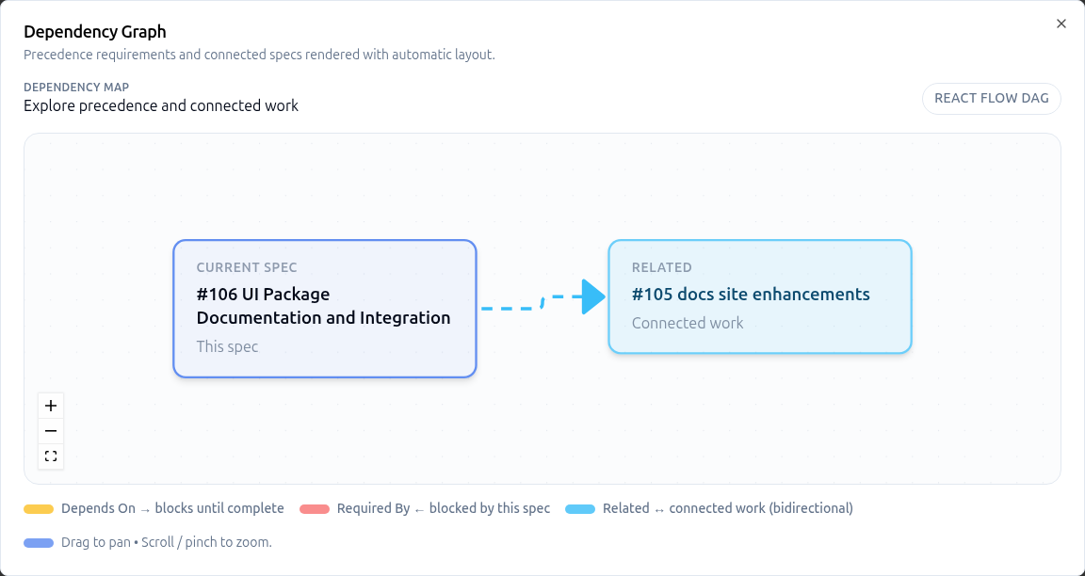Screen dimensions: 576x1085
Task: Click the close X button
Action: (x=1061, y=24)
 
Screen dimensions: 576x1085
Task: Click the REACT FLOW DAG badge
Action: (x=991, y=99)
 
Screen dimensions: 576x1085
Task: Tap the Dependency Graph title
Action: (x=95, y=32)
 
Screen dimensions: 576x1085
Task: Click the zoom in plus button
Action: (x=51, y=406)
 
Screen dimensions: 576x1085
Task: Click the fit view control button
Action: (x=51, y=456)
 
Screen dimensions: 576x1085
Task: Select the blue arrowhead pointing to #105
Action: (x=592, y=296)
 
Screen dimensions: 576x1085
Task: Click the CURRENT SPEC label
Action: (x=247, y=267)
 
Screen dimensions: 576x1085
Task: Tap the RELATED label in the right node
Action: (x=661, y=267)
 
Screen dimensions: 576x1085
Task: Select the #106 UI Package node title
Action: (x=323, y=306)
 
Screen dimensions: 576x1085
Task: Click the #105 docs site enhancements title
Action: (x=751, y=295)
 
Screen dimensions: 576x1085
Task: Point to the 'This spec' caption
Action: (x=227, y=346)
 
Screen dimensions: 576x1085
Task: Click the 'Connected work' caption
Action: (x=688, y=323)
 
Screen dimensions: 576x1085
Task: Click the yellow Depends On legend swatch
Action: (x=39, y=509)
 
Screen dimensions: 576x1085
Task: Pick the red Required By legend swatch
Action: (x=315, y=509)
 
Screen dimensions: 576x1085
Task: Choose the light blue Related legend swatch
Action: (x=580, y=509)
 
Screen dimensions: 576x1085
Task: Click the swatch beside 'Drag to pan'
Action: (x=39, y=543)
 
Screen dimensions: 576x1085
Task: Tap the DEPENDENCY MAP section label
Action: (x=76, y=88)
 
